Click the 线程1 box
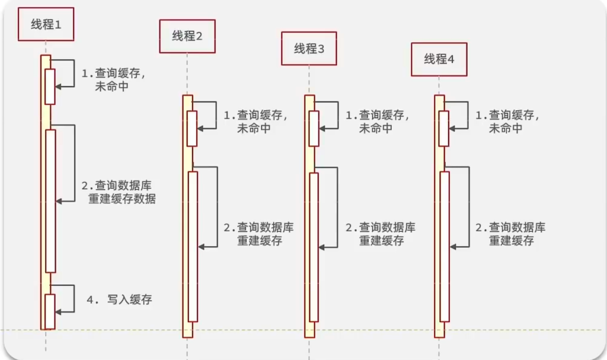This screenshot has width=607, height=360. [46, 24]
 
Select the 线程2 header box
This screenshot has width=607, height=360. [187, 36]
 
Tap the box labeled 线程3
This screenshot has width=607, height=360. [309, 49]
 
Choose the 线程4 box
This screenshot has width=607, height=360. [439, 59]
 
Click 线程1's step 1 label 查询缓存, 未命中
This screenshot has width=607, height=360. [113, 79]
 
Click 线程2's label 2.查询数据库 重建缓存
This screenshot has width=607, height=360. [259, 234]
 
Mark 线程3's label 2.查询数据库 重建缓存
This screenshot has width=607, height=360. [381, 234]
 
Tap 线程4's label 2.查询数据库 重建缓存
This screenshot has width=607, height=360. [510, 234]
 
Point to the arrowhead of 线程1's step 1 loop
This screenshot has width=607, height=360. [58, 87]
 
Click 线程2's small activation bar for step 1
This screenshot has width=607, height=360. [192, 128]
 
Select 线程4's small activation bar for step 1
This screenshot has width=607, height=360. [444, 128]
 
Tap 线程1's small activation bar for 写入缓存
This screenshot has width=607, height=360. [50, 311]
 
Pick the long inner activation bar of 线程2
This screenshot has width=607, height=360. [193, 246]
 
